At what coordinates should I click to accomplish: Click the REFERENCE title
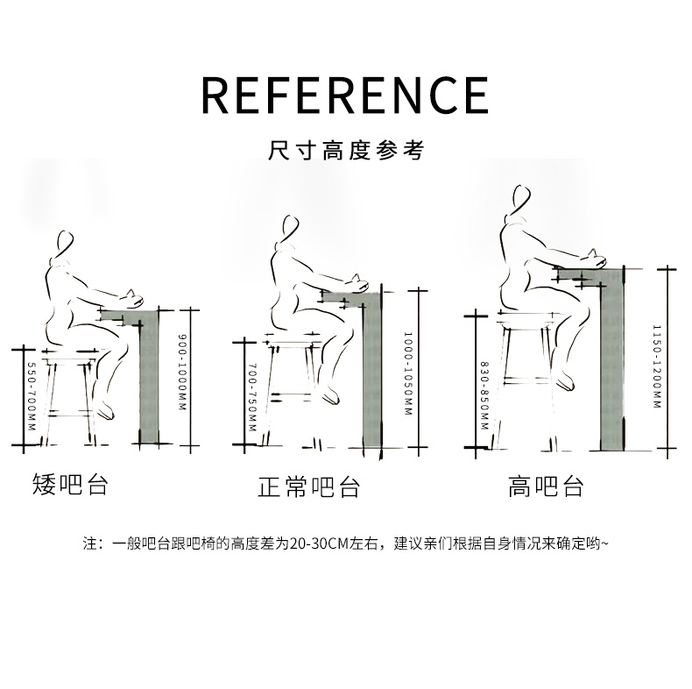(345, 96)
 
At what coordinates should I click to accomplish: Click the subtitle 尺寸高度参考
(346, 150)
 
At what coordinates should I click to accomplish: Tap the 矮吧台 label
(71, 484)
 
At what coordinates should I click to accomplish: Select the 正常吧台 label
(308, 487)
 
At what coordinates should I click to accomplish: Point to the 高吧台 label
(546, 487)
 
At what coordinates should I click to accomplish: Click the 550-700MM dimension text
(31, 396)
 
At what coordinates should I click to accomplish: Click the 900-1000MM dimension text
(182, 372)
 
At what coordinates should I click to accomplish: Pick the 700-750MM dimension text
(252, 397)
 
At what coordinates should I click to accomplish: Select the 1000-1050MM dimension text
(408, 373)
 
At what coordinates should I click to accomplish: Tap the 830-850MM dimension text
(484, 395)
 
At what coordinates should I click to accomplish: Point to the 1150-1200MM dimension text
(657, 366)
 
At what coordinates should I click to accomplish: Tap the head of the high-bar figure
(522, 200)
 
